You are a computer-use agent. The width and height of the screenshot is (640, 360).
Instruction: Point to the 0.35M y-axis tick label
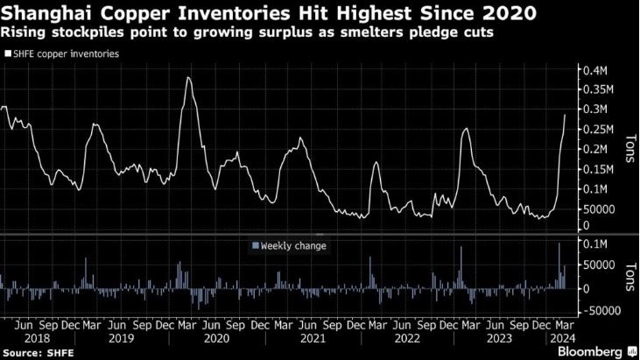click(x=601, y=89)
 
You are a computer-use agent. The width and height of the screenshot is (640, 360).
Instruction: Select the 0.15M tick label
click(x=601, y=169)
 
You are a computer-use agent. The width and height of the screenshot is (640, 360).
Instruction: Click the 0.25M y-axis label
click(x=601, y=130)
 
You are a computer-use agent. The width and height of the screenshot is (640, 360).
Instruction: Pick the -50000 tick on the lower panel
click(x=602, y=310)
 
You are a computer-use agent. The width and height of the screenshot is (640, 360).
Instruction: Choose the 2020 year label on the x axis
click(x=215, y=336)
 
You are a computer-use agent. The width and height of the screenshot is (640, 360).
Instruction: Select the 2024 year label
click(x=561, y=336)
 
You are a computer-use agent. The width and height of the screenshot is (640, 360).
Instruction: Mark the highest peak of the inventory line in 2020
click(x=188, y=78)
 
